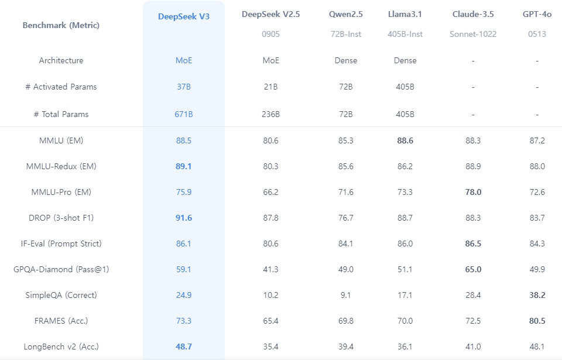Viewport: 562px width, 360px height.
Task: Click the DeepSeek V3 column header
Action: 183,16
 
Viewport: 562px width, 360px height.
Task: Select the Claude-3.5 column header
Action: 472,14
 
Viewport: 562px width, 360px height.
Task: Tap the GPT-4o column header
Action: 537,14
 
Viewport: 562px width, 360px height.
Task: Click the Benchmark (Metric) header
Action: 61,25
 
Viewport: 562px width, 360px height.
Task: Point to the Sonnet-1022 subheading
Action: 473,34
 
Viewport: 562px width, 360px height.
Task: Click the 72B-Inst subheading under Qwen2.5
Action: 346,34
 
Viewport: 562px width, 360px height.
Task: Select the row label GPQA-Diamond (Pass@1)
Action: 61,269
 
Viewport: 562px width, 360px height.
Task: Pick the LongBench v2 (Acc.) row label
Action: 61,347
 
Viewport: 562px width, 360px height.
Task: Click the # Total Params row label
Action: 61,114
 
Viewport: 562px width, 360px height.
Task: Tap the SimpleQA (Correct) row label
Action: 61,295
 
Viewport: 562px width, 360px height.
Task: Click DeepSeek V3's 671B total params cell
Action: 184,114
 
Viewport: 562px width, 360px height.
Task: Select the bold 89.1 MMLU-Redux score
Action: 184,166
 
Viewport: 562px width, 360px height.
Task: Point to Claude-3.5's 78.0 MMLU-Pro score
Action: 473,192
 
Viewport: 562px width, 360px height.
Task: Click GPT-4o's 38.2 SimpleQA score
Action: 537,295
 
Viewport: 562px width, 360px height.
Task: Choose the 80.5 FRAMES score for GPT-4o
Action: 537,321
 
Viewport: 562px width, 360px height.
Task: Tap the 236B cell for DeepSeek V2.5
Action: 270,114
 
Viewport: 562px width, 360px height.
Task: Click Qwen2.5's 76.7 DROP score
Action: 346,218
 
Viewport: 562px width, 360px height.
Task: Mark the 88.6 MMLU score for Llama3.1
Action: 405,140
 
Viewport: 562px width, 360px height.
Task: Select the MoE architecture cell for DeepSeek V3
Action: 184,60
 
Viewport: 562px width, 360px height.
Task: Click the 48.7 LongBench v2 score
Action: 184,347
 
